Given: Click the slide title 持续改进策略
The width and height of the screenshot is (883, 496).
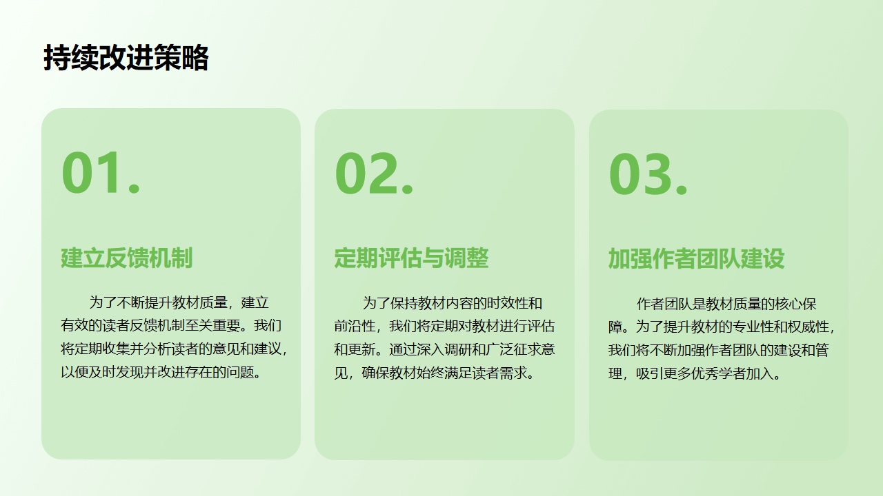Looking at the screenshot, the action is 126,57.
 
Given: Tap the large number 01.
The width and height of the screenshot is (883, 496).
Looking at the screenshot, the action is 101,173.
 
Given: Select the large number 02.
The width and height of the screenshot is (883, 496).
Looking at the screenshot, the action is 374,174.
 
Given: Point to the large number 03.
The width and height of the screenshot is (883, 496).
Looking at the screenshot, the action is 648,174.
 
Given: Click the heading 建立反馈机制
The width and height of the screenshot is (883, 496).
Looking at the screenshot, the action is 126,258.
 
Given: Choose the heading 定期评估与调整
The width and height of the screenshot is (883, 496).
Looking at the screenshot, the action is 411,258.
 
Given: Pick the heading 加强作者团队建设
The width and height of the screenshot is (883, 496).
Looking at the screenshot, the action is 696,259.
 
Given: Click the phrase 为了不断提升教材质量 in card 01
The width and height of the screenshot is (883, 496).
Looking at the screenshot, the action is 158,302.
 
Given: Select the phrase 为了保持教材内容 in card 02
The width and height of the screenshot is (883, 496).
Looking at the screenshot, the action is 417,303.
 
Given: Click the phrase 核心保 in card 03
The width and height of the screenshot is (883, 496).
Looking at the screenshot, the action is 796,304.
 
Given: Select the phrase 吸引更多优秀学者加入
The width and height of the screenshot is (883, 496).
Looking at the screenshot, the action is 705,373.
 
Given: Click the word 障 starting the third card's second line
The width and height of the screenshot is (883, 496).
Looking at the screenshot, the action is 615,327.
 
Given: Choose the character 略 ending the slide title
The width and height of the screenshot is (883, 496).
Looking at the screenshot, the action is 195,57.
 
